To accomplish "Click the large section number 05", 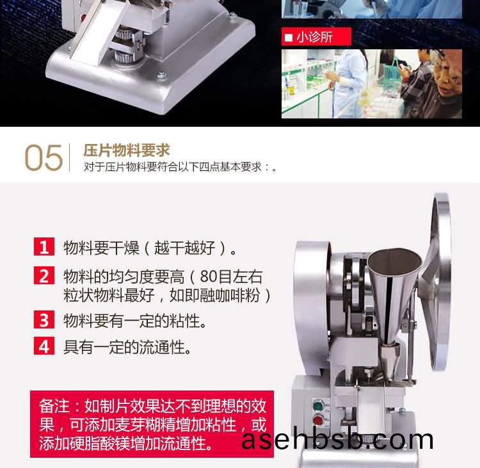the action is [44, 157].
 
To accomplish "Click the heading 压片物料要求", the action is [127, 150].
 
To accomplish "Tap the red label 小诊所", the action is [316, 36].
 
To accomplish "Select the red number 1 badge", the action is [44, 246].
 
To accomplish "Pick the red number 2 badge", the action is [44, 275].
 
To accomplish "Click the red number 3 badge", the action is [44, 319].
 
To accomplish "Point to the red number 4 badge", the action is [44, 346].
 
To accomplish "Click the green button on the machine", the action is [319, 407].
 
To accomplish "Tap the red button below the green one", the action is [319, 420].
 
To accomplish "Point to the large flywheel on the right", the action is [440, 282].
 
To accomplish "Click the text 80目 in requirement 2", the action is [216, 277].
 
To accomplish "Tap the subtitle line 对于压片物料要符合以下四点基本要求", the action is [176, 167].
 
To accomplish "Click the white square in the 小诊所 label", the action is [289, 37].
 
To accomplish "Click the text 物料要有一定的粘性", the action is [134, 321].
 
